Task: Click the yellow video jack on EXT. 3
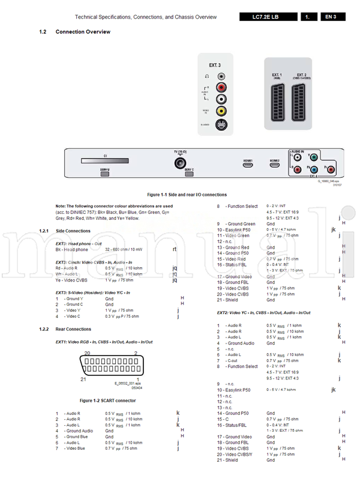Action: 222,110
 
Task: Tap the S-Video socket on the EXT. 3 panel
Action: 222,124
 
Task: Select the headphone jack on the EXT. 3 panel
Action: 222,77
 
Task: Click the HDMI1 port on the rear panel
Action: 248,163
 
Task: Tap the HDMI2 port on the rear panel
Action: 275,163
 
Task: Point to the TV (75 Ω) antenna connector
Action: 180,163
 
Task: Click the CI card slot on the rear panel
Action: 105,160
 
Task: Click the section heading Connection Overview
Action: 83,31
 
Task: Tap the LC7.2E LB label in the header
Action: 265,17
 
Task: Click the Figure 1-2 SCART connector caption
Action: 108,401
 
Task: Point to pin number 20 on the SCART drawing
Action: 87,353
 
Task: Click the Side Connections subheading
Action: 73,231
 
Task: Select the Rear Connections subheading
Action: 73,329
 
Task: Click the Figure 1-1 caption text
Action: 187,195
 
